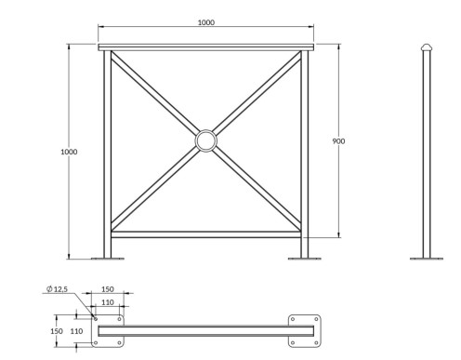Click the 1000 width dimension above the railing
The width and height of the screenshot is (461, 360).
click(x=206, y=22)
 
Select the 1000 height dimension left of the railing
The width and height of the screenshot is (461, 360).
click(x=69, y=152)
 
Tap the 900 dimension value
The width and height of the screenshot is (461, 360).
click(x=338, y=141)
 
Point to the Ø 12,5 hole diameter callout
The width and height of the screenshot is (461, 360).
click(x=57, y=289)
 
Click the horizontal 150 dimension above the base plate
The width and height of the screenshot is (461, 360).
click(x=108, y=289)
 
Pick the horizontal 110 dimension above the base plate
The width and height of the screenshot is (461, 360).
click(x=108, y=302)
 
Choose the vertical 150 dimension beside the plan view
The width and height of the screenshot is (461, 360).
click(x=57, y=331)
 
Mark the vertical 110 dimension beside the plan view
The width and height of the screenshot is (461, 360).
click(x=76, y=331)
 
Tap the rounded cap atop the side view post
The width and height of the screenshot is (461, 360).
click(x=427, y=47)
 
